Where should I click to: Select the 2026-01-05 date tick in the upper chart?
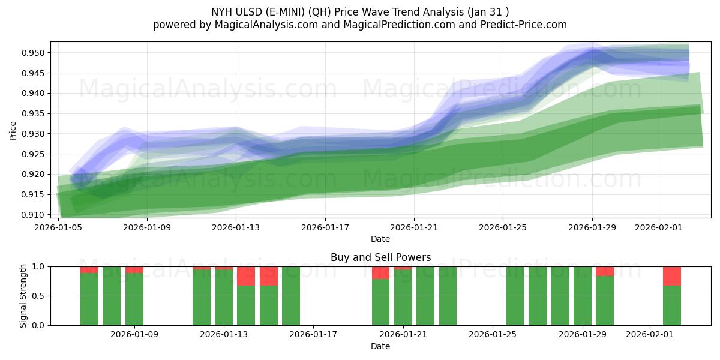point(58,227)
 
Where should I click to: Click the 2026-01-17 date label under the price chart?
point(325,227)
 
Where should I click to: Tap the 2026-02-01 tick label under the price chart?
point(659,227)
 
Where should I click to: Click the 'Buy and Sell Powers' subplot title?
point(380,257)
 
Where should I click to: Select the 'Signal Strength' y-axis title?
point(23,296)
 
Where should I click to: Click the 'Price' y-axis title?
point(13,131)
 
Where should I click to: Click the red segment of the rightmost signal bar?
point(671,275)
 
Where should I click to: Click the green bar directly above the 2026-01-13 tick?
point(224,297)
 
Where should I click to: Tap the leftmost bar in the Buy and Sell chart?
point(89,299)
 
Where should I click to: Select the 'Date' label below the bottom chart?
point(380,346)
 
